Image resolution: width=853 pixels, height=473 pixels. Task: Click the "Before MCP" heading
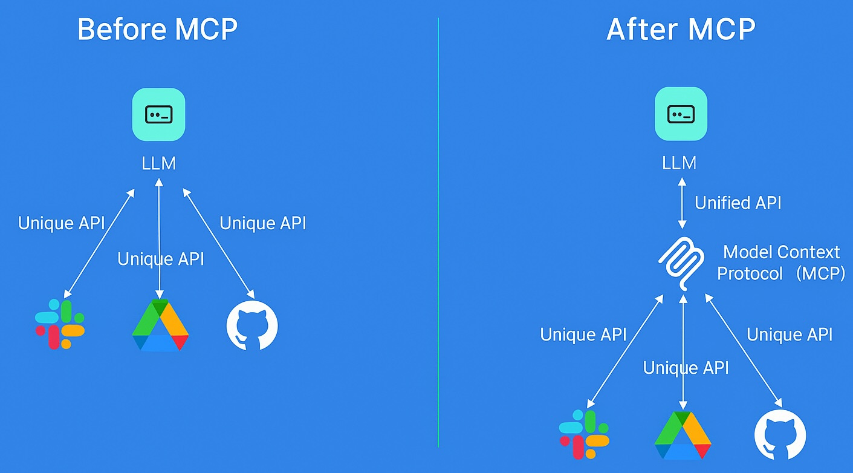coord(158,30)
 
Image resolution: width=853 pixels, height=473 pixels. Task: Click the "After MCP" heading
coord(681,30)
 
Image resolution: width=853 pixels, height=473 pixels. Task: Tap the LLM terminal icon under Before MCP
coord(158,114)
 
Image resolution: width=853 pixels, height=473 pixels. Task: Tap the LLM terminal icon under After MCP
coord(681,114)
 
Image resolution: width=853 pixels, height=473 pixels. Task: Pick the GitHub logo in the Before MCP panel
coord(252,325)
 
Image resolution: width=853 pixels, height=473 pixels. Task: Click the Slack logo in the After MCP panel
coord(584,434)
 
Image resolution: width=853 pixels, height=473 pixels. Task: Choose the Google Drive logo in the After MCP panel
coord(683,435)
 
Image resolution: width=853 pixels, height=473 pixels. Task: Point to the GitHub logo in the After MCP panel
coord(780,435)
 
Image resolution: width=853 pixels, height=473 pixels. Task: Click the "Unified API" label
coord(738,203)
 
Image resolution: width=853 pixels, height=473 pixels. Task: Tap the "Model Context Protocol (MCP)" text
coord(781,263)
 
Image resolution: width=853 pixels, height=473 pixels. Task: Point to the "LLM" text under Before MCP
coord(158,163)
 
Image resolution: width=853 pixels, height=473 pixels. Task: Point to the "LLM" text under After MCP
coord(679,163)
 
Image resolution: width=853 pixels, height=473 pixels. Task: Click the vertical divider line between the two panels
coord(438,242)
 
